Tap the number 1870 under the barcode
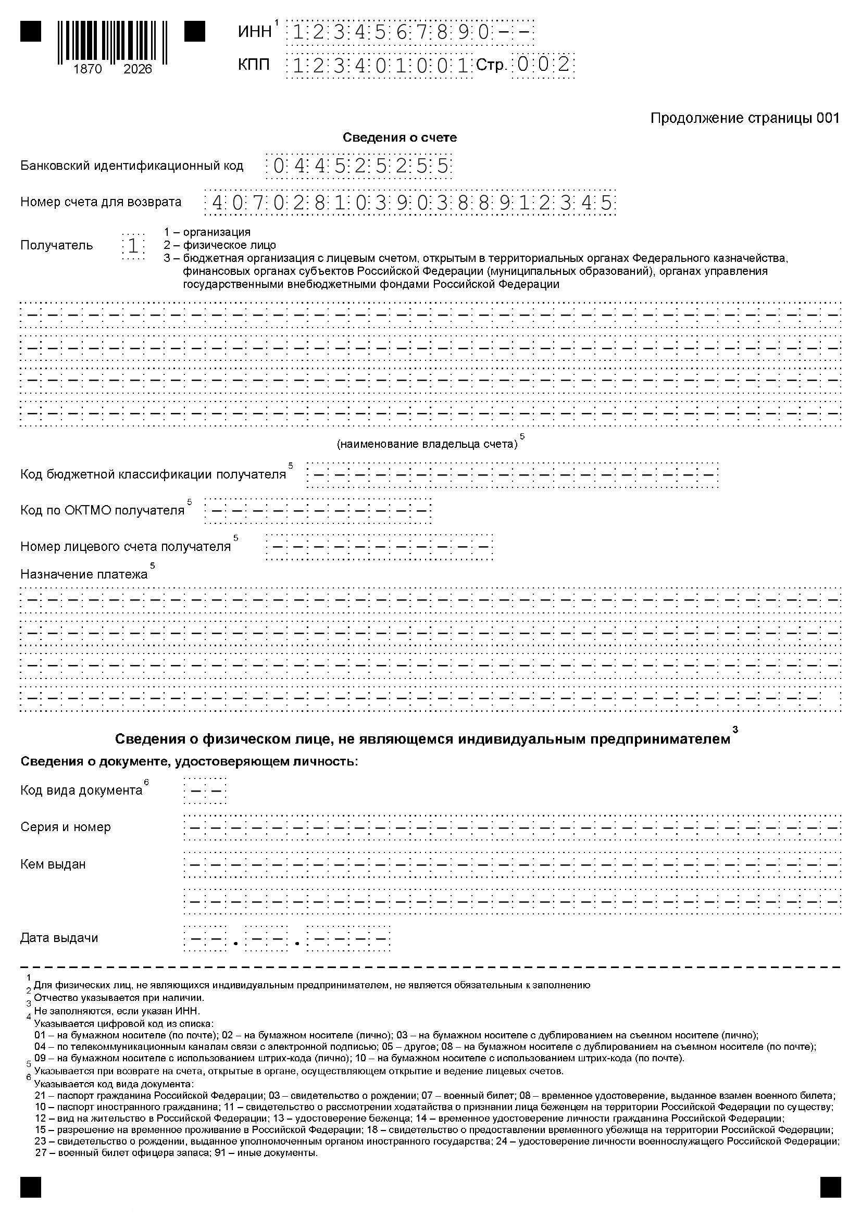pos(88,69)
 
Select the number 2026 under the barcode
pos(138,69)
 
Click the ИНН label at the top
pos(255,32)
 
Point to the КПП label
pos(254,65)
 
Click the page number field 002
pos(543,65)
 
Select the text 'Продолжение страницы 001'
pos(745,118)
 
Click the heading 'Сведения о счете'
pos(400,137)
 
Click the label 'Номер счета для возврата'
pos(101,202)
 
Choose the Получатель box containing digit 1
pos(133,246)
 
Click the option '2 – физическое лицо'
pos(220,245)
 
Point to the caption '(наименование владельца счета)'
pos(427,444)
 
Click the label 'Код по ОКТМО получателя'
pos(103,510)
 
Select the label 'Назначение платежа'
pos(84,574)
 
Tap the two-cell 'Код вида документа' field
pos(205,791)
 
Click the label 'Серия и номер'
pos(65,827)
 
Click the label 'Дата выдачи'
pos(59,937)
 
